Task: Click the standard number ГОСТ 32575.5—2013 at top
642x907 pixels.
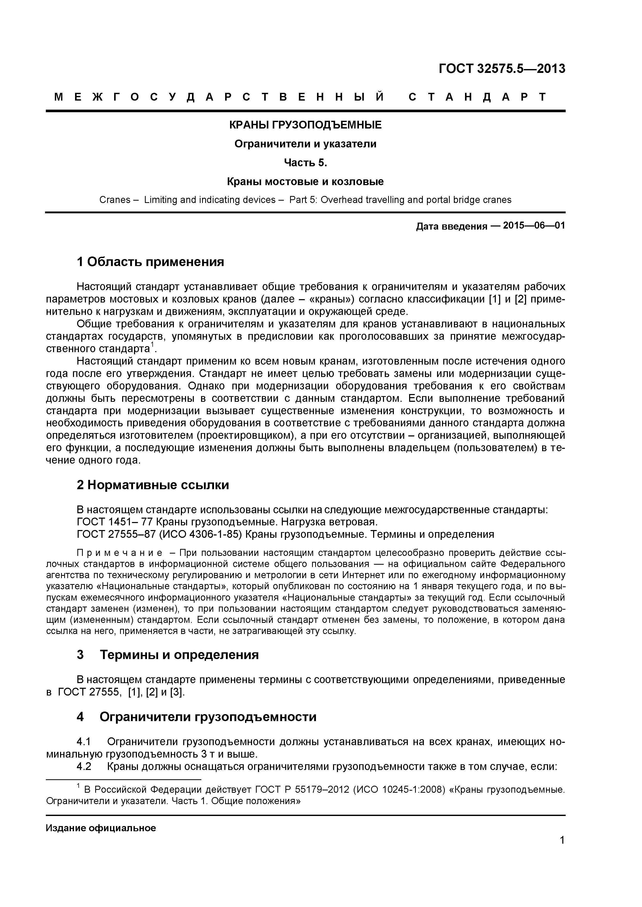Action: point(502,69)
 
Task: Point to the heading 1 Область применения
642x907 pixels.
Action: point(150,262)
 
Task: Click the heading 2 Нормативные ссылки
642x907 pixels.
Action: point(153,485)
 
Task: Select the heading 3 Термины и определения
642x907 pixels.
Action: point(168,655)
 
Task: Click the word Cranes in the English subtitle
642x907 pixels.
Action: point(115,200)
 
